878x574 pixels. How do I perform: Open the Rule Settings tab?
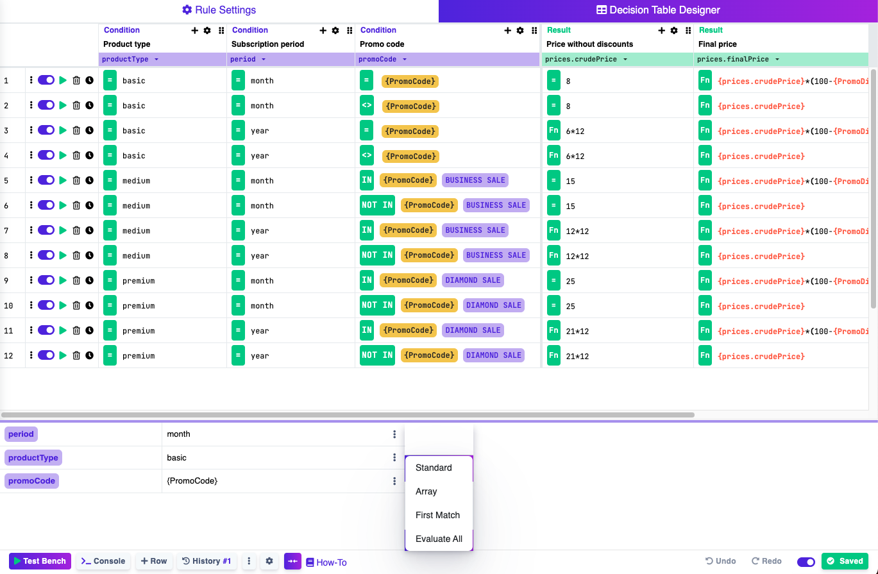coord(219,10)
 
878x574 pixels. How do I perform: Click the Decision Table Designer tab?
coord(658,10)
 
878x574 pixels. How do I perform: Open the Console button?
coord(103,561)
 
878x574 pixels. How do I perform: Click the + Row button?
coord(154,561)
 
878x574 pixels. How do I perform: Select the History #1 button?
coord(207,561)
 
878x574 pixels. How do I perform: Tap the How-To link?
coord(326,562)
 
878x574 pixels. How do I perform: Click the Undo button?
coord(720,561)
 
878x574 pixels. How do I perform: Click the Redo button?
coord(766,561)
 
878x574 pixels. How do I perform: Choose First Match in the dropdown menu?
coord(438,515)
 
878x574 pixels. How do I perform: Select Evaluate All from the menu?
coord(439,539)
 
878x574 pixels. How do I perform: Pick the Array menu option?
coord(426,491)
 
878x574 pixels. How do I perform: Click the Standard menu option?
coord(434,468)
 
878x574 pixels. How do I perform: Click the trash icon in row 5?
coord(76,180)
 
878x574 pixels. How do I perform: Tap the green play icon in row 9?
coord(63,280)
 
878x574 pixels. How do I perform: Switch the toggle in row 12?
coord(46,355)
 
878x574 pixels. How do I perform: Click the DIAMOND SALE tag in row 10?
coord(493,305)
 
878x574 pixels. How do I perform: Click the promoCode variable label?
coord(31,481)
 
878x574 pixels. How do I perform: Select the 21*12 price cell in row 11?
coord(577,331)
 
